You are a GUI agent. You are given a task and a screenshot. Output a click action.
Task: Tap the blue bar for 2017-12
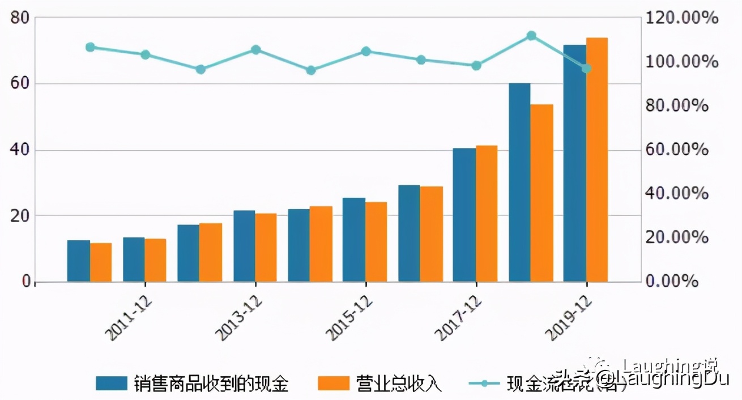[464, 215]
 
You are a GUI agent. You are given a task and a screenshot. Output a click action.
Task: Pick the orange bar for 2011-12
[155, 260]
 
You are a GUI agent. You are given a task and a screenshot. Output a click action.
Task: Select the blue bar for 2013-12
[244, 246]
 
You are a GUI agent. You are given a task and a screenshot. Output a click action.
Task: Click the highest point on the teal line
[531, 36]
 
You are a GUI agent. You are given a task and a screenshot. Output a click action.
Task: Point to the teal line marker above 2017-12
[476, 66]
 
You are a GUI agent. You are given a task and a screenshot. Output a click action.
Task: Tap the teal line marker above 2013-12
[255, 50]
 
